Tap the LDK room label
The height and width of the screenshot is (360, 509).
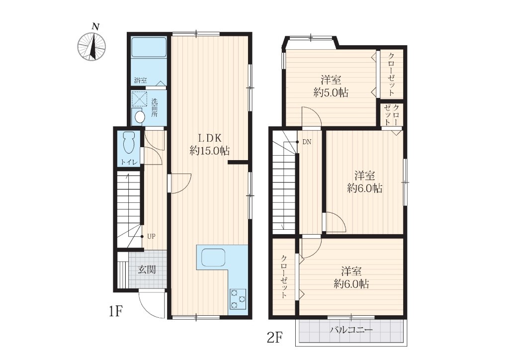coord(210,138)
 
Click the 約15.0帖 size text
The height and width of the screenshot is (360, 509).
coord(210,151)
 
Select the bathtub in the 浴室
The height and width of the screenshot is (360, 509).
coord(149,47)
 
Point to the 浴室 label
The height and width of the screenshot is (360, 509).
coord(141,80)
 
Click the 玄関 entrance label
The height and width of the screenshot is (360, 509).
coord(147,269)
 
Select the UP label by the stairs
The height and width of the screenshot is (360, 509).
coord(151,237)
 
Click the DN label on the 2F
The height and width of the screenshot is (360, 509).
coord(307,142)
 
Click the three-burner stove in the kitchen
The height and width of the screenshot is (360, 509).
coord(238,299)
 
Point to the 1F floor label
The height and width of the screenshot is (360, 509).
coord(115,312)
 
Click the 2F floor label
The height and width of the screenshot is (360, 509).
coord(274,338)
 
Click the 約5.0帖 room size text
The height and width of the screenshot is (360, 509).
coord(331,93)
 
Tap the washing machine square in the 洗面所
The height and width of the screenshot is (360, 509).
coord(139,98)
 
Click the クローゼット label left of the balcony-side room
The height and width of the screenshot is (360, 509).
coord(284,276)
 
